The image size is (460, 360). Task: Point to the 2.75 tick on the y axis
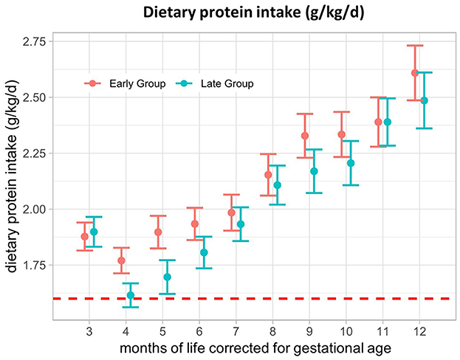tap(34, 41)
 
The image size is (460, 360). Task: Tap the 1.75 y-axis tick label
tap(34, 265)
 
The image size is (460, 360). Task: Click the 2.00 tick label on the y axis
tap(34, 209)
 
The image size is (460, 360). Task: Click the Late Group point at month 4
tap(131, 295)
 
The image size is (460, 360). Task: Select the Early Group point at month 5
tap(158, 232)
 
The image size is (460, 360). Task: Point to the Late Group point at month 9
tap(314, 171)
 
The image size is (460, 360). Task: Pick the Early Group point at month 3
tap(85, 237)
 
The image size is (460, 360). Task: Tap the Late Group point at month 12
tap(424, 100)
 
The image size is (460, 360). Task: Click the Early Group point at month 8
tap(268, 175)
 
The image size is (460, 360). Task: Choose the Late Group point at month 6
tap(204, 252)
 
